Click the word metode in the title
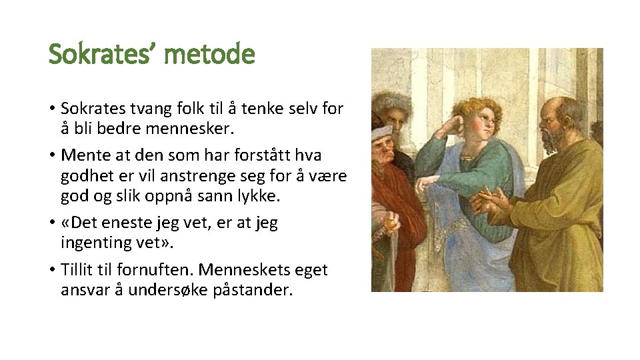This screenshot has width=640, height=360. click(x=209, y=53)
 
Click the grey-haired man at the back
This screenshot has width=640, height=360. click(x=391, y=110)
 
